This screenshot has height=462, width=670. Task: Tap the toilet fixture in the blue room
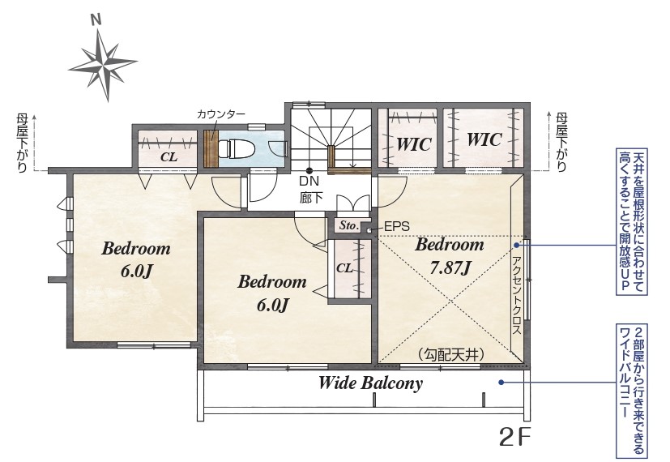coord(237,149)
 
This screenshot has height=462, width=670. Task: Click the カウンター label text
coord(221,114)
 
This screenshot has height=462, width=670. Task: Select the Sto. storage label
coord(348,225)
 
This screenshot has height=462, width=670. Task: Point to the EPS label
coord(396,226)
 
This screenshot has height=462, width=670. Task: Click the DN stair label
coord(309,182)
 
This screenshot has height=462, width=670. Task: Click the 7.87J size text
coord(450,268)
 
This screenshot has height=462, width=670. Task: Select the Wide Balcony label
coord(370,383)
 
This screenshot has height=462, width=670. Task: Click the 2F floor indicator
coord(515,437)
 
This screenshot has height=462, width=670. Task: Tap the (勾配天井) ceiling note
coord(450,354)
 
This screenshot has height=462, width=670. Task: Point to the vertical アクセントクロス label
coord(517,295)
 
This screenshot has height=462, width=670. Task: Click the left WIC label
coord(414,144)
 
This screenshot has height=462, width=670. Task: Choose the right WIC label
coord(484,139)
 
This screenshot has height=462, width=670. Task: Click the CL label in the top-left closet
coord(169,157)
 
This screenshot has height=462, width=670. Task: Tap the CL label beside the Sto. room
coord(344,268)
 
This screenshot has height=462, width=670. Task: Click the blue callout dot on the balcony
coord(501,382)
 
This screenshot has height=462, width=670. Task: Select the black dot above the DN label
coord(309,169)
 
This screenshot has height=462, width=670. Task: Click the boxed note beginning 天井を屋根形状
coord(632,222)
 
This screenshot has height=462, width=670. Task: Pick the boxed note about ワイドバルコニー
coord(632,391)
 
